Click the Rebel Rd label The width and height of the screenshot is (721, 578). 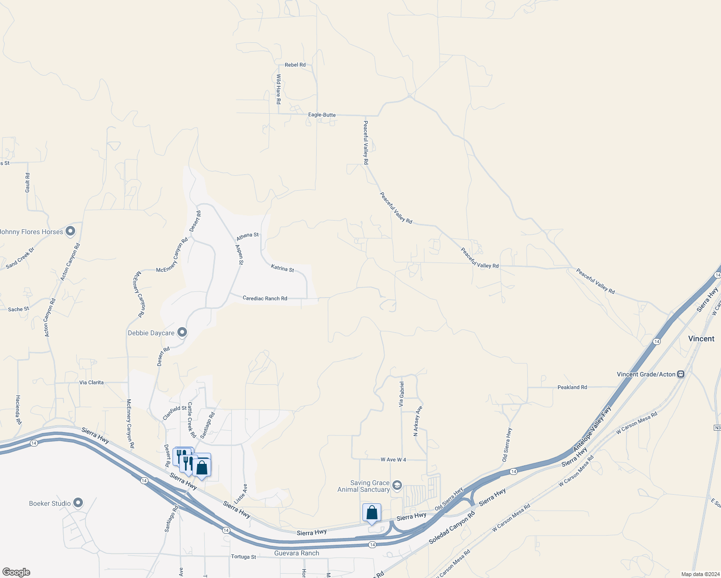295,65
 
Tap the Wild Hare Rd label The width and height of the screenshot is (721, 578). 278,90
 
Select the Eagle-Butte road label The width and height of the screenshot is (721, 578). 322,115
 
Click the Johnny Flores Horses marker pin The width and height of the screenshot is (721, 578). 70,232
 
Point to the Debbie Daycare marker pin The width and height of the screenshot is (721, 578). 182,332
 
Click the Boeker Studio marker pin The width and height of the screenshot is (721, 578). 78,503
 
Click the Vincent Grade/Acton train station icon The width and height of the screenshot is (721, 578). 681,374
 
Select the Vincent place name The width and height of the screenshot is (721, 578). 701,339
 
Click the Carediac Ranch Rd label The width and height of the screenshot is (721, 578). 265,299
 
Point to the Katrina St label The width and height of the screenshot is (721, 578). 282,268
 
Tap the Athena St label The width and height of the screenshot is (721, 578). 247,235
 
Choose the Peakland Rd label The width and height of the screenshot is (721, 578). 572,387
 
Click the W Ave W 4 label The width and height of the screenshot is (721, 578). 393,460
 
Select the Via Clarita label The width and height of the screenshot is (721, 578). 92,382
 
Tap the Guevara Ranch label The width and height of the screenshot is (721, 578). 296,553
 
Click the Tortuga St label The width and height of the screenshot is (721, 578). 243,557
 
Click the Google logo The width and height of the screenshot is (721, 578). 16,572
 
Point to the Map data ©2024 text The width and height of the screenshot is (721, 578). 699,574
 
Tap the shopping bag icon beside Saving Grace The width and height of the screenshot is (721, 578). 372,512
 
